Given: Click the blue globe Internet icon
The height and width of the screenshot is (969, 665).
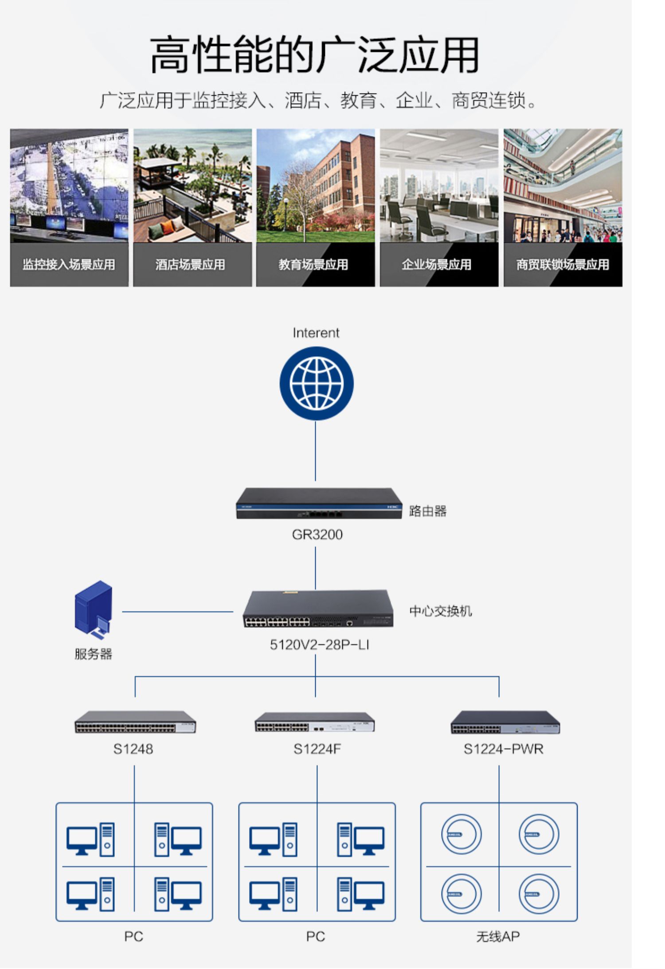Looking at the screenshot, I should click(x=316, y=383).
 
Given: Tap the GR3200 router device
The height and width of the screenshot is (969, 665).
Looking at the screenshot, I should click(x=318, y=503).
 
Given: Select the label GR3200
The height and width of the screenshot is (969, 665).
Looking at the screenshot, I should click(x=317, y=534).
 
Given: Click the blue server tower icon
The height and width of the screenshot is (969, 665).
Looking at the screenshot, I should click(x=94, y=608).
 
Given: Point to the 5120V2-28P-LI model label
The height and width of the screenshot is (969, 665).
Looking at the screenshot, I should click(x=319, y=645).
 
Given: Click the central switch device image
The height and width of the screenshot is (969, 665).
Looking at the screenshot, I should click(x=318, y=609).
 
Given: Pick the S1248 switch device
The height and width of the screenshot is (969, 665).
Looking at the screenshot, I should click(x=135, y=722).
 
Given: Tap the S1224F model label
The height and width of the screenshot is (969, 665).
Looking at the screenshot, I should click(x=317, y=749).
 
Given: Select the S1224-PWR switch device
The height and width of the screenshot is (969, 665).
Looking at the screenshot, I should click(x=505, y=722).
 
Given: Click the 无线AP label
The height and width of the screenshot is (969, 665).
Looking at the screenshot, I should click(x=497, y=936).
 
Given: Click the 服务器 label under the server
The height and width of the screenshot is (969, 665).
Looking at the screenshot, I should click(x=93, y=654).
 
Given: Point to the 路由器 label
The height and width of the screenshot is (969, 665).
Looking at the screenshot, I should click(x=427, y=511).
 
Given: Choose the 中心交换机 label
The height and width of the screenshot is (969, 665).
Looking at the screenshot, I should click(x=440, y=611).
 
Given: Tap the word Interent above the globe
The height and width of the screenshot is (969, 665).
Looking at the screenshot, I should click(x=316, y=333).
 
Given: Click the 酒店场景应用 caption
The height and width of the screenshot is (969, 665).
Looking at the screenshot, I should click(x=190, y=265).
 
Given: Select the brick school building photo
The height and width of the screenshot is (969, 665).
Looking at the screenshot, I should click(x=315, y=185).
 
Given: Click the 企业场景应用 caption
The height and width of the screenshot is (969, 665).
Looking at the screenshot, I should click(x=436, y=265).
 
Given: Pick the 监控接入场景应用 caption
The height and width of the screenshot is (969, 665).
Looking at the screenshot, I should click(x=69, y=265).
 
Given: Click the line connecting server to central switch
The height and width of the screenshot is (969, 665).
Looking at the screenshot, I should click(x=177, y=612).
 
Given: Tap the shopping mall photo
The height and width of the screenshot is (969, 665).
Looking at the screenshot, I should click(x=563, y=185).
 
